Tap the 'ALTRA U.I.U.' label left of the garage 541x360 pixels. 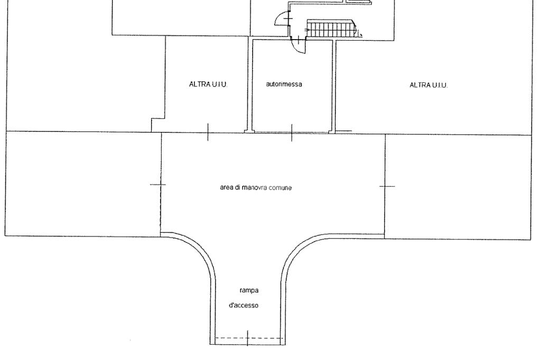pos(208,84)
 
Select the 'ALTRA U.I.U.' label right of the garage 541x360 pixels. pos(428,85)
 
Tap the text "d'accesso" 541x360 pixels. pos(244,306)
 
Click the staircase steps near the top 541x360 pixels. pos(330,29)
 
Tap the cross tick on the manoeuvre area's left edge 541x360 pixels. pos(157,184)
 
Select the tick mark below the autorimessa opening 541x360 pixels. pos(292,132)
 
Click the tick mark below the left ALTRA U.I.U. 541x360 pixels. pos(208,131)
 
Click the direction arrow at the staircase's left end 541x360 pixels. pos(308,31)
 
